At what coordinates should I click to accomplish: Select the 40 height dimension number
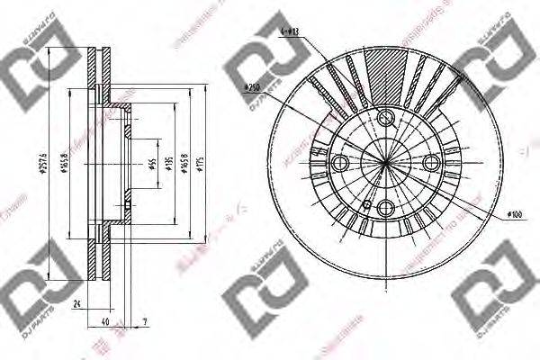[x=104, y=321]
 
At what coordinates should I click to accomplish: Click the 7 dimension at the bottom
[x=145, y=321]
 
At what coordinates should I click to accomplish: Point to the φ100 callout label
[x=514, y=214]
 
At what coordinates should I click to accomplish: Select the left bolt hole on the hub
[x=339, y=163]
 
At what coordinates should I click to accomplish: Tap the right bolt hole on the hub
[x=431, y=162]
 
